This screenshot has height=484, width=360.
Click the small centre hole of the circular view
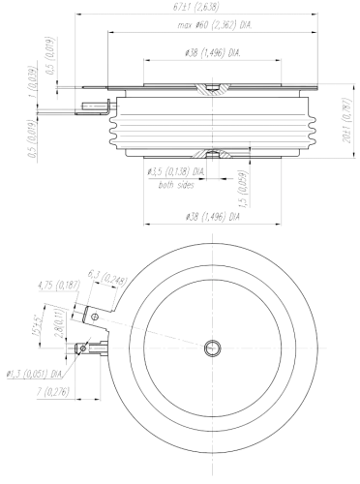tap(210, 348)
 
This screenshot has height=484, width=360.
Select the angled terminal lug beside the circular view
tap(87, 314)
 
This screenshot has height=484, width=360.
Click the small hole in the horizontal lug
tap(83, 348)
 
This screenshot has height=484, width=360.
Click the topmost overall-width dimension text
tap(195, 9)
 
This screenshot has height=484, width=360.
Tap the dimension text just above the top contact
tap(211, 51)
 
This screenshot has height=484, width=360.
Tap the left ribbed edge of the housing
tap(114, 131)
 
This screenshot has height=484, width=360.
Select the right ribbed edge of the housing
tap(312, 131)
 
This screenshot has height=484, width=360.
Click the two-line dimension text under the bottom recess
tap(176, 176)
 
